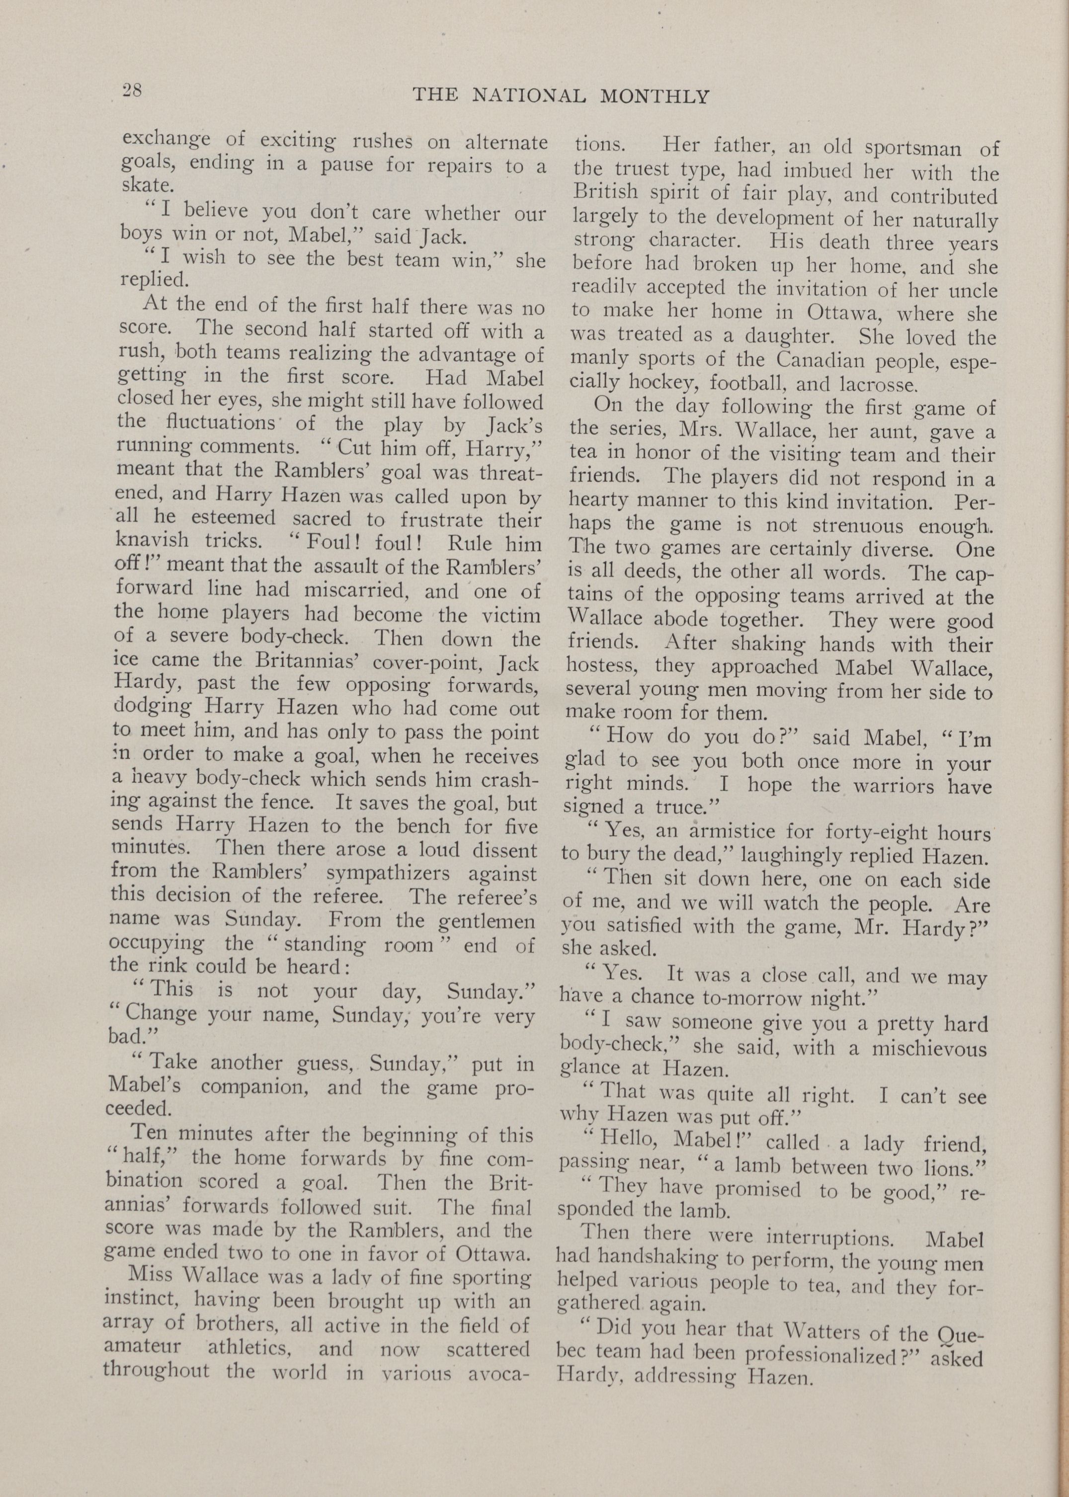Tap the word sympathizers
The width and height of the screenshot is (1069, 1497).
pyautogui.click(x=390, y=874)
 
